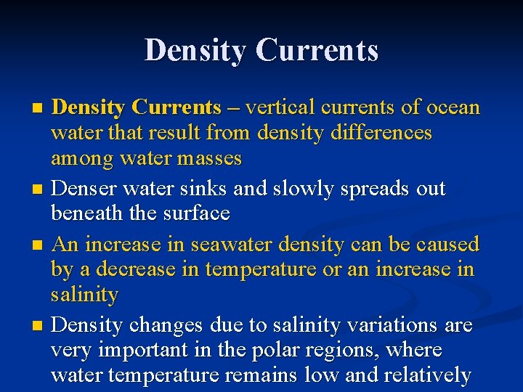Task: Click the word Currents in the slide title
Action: coord(317,50)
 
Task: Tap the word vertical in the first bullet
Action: coord(281,108)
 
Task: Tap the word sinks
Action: coord(208,189)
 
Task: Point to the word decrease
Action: coord(129,269)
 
